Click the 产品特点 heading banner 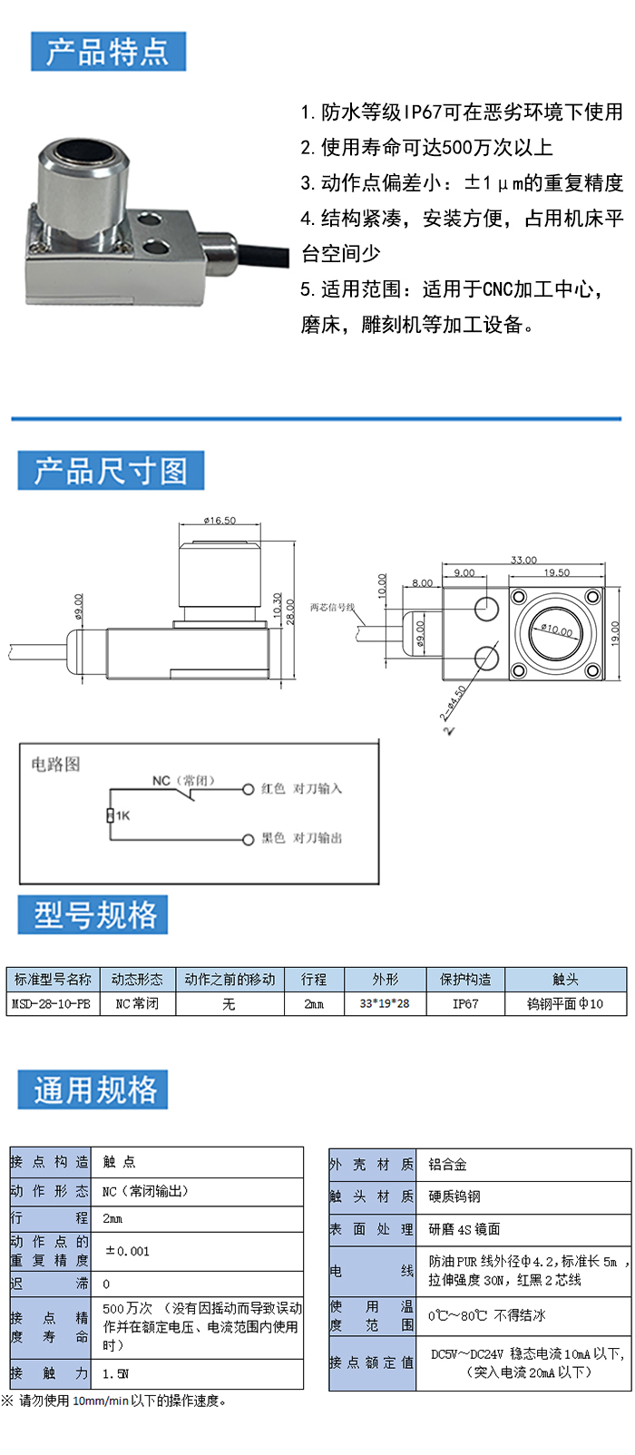[x=108, y=52]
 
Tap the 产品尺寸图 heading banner [x=111, y=471]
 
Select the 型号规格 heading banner [x=93, y=914]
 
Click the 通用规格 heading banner [x=93, y=1089]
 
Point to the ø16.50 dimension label [x=220, y=521]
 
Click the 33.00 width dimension [x=523, y=560]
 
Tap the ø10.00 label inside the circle [x=557, y=630]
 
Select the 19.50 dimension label [x=556, y=572]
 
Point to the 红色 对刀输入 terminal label [x=301, y=788]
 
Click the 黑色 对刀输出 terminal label [x=301, y=838]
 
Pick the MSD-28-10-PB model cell [x=52, y=1003]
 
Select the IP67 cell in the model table [x=464, y=1003]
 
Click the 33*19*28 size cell [x=385, y=1003]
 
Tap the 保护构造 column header [x=464, y=980]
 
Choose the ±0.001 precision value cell [x=127, y=1251]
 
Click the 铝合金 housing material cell [x=448, y=1165]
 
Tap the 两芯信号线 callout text [x=332, y=607]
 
